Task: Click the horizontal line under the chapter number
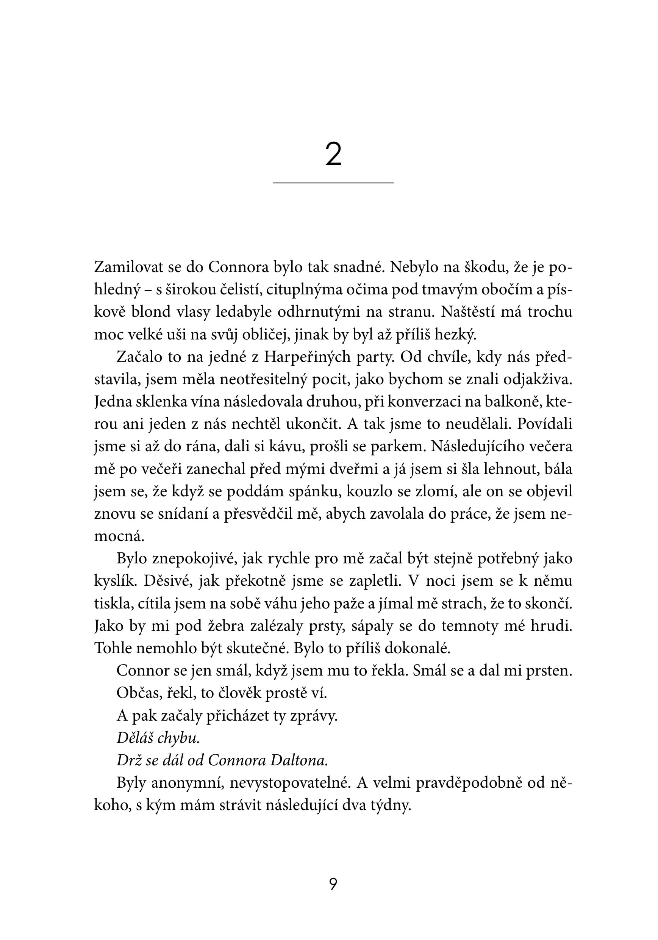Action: coord(333,183)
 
